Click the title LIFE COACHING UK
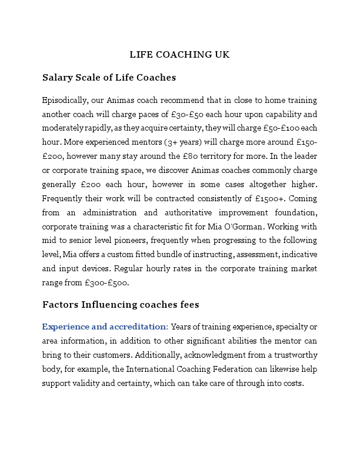(179, 55)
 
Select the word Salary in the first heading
(57, 78)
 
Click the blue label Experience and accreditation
(105, 327)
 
